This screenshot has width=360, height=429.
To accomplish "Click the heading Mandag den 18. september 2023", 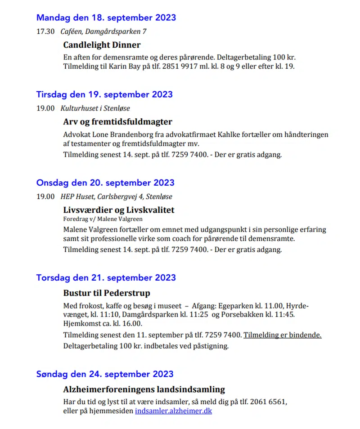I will point(106,18).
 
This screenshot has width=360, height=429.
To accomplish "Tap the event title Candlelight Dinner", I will point(102,45).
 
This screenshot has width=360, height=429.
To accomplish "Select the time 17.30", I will point(45,31).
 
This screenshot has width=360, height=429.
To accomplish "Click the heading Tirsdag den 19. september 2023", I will point(104,95).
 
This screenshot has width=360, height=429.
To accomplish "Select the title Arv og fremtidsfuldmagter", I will point(117,122).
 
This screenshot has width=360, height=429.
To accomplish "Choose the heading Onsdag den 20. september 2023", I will point(105,183).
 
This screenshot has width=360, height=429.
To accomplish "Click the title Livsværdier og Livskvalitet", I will point(118,210).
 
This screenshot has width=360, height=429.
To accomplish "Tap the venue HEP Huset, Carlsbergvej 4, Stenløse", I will point(116,197).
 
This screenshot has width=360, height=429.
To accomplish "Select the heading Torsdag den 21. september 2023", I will point(106,278).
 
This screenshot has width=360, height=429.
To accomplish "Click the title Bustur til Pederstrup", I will point(107,294).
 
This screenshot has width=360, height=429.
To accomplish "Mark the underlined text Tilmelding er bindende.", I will point(283,335).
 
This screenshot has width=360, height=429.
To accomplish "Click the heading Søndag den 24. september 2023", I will point(104,374).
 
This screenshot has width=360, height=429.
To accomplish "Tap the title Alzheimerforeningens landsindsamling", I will point(144,389).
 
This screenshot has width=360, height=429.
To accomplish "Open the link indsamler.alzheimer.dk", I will point(173,411).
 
